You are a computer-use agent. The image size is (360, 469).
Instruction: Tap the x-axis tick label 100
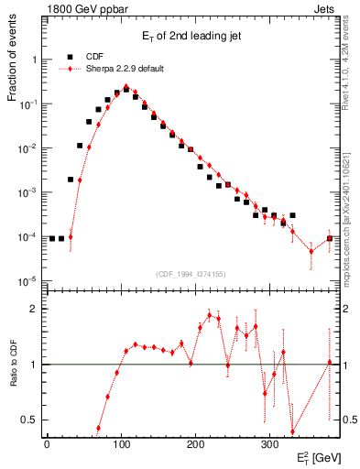(121, 444)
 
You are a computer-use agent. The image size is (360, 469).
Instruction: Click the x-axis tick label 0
(47, 444)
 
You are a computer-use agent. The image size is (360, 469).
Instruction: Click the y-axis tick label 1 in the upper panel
(33, 60)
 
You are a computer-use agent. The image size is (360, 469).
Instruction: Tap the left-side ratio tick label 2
(33, 309)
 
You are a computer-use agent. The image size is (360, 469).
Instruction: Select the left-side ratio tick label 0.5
(29, 420)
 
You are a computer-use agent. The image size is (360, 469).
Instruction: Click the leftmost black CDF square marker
(52, 238)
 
